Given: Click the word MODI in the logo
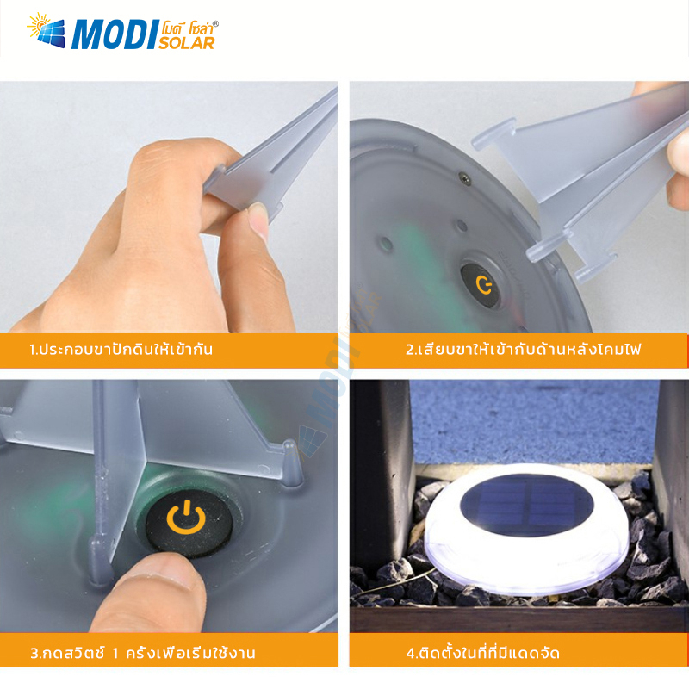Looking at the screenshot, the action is (114, 34).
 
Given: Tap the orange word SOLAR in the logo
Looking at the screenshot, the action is (186, 42).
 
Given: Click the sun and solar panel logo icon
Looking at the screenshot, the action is (47, 30).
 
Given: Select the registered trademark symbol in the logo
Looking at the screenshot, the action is (214, 24).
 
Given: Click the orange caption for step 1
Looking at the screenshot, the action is (121, 350).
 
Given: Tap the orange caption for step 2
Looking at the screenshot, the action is (523, 350).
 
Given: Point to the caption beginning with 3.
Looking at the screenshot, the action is (143, 653).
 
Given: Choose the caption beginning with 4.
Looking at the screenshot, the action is (483, 653).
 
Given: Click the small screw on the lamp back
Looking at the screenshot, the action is (464, 177).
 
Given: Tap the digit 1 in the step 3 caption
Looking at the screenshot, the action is (115, 654).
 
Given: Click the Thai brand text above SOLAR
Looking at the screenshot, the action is (188, 29).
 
